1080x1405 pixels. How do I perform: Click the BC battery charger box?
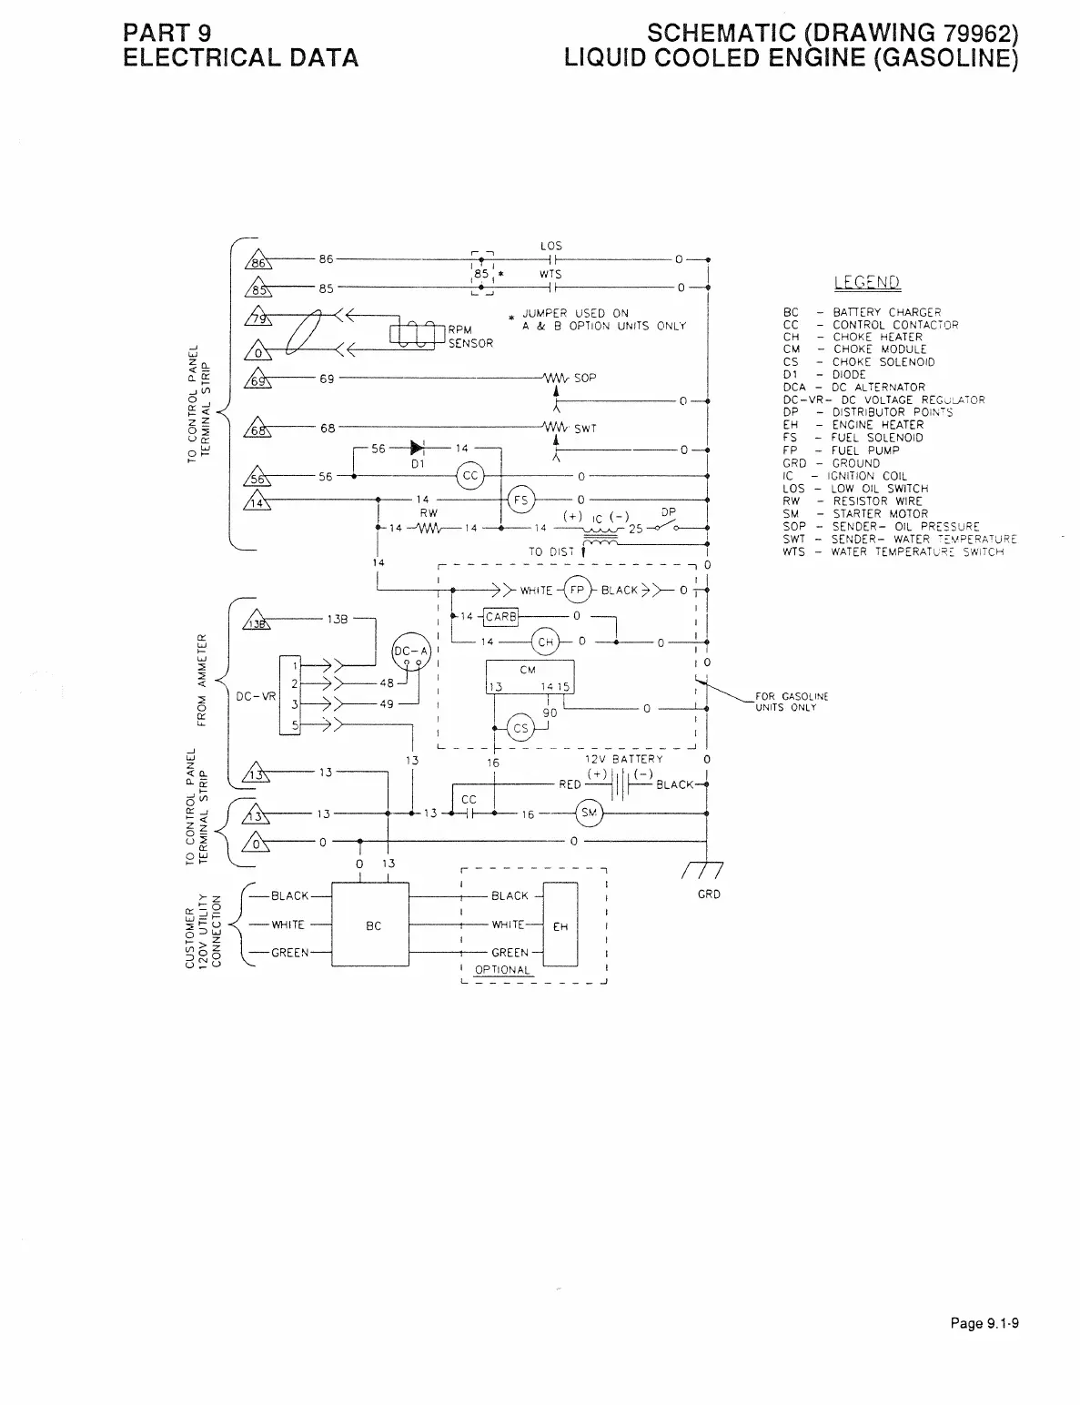pyautogui.click(x=372, y=925)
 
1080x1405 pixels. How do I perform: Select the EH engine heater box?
pyautogui.click(x=560, y=925)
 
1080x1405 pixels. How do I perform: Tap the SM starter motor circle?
pyautogui.click(x=589, y=814)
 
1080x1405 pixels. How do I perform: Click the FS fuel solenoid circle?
pyautogui.click(x=521, y=500)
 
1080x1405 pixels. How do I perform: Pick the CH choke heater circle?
pyautogui.click(x=545, y=642)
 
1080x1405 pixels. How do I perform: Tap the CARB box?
pyautogui.click(x=500, y=618)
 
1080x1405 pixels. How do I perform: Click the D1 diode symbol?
pyautogui.click(x=417, y=448)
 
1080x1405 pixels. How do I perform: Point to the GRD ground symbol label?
pyautogui.click(x=709, y=895)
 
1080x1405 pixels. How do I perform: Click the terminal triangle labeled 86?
pyautogui.click(x=257, y=262)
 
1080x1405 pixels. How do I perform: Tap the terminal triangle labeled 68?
pyautogui.click(x=257, y=431)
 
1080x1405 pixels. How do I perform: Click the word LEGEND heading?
pyautogui.click(x=865, y=283)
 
